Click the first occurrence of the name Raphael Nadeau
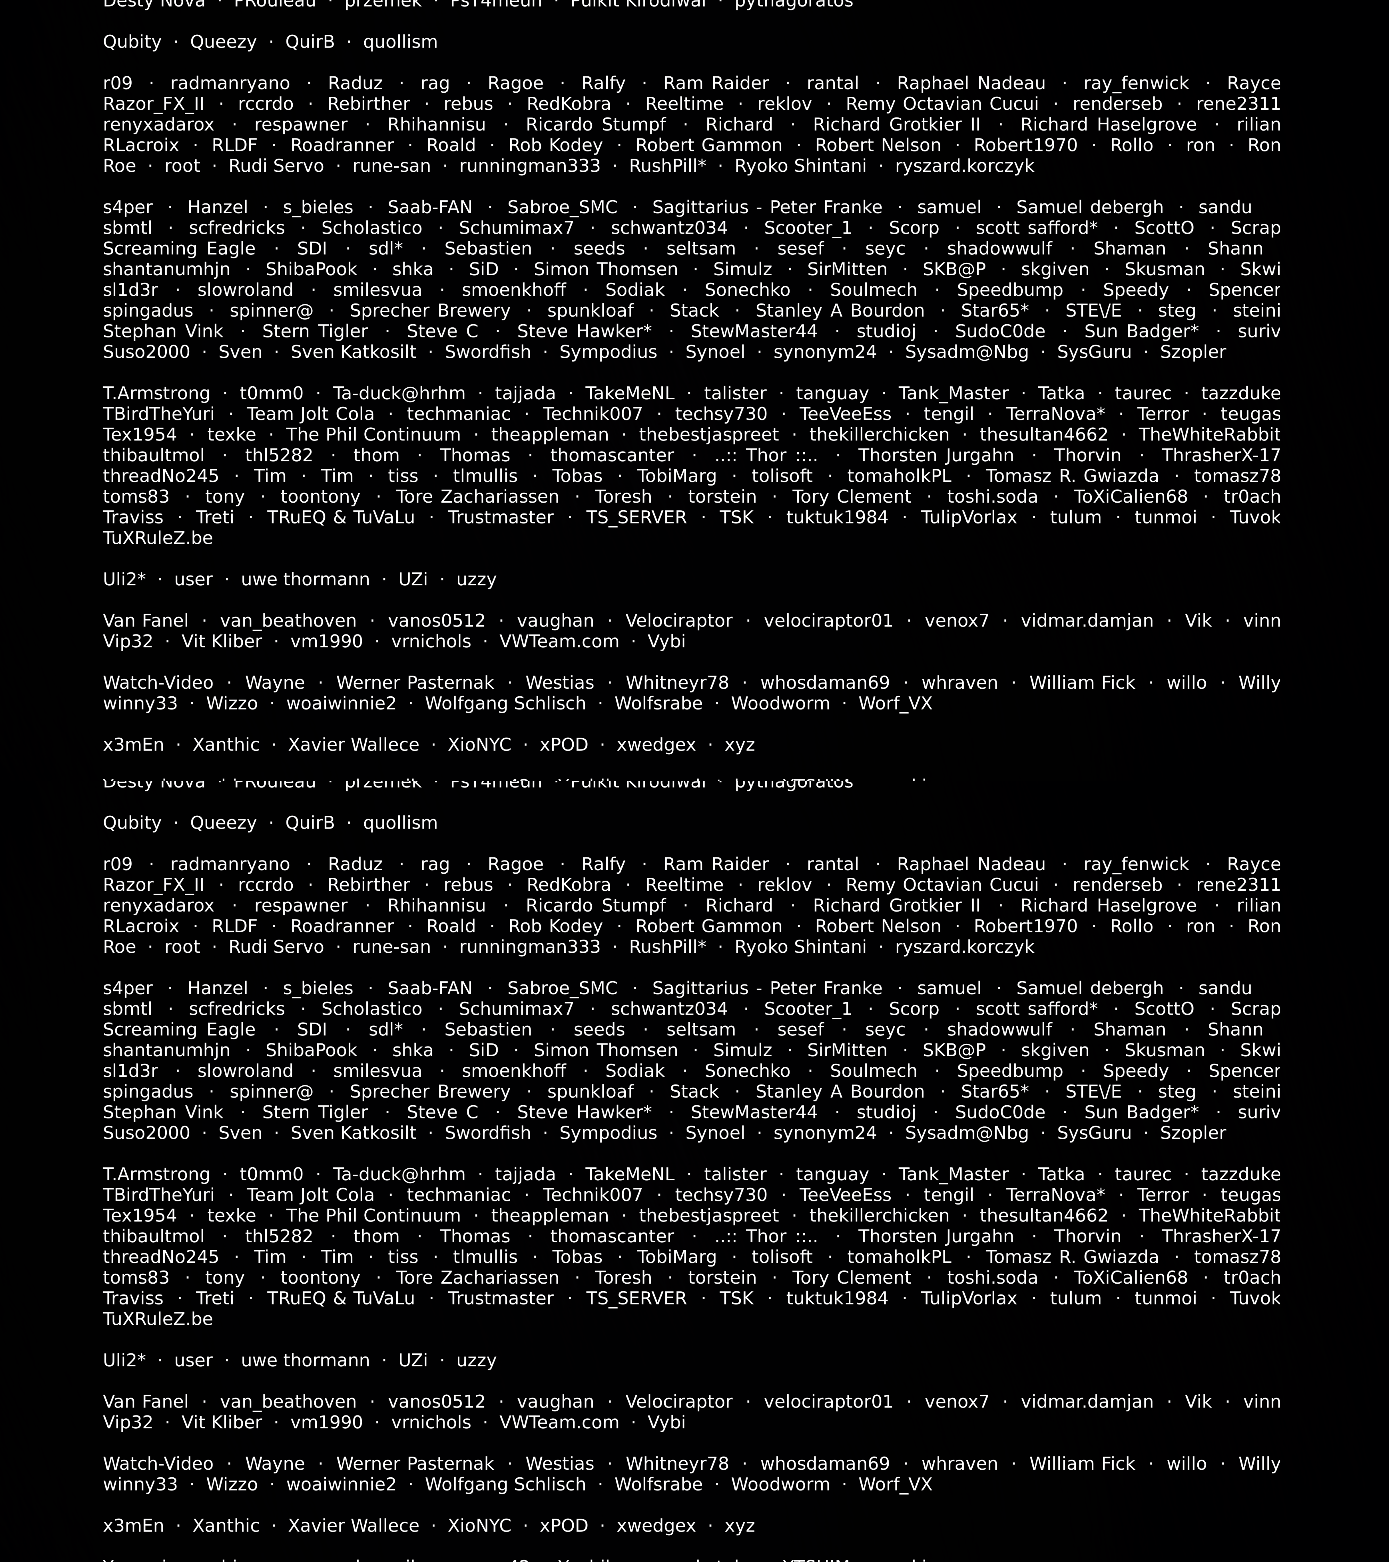point(971,83)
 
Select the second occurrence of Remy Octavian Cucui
point(942,885)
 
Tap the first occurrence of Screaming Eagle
point(179,249)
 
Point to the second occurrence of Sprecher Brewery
point(430,1092)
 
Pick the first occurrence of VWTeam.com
point(559,642)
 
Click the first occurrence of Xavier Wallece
point(353,745)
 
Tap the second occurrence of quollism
point(400,823)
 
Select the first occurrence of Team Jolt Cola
point(310,414)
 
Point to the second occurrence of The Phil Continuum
point(373,1216)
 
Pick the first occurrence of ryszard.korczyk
point(965,167)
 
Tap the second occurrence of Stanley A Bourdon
point(839,1092)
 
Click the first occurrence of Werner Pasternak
point(415,683)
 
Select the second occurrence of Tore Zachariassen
point(477,1278)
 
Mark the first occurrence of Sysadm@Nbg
point(966,352)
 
